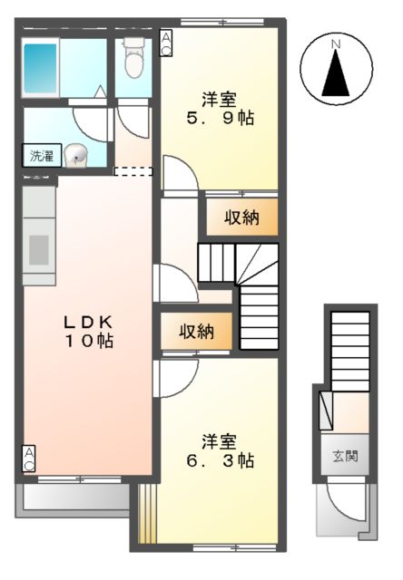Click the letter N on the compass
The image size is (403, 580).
(x=335, y=43)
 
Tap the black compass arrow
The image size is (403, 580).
(x=336, y=73)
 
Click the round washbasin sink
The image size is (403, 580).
(x=78, y=156)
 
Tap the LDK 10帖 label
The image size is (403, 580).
(x=87, y=332)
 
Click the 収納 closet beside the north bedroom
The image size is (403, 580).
(x=240, y=217)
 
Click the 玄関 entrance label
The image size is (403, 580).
(x=344, y=456)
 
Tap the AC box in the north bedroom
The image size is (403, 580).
(x=167, y=43)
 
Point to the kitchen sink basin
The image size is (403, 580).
(x=39, y=248)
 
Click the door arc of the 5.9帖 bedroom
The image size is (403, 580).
(x=178, y=181)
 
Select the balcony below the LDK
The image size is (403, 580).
(x=73, y=498)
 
